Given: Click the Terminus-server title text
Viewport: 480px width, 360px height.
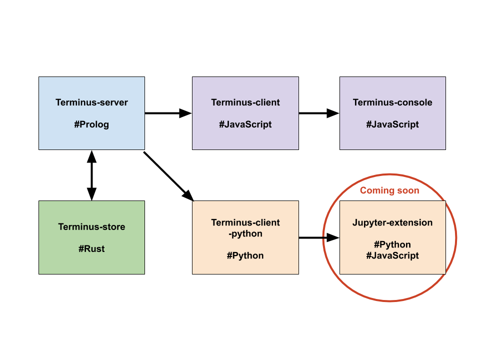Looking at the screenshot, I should [x=91, y=102].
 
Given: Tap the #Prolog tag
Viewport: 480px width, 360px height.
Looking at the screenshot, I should [x=91, y=124].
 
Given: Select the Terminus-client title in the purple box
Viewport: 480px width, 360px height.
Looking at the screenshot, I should [x=245, y=102].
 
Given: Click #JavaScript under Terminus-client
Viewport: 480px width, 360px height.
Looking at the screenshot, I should [x=245, y=124].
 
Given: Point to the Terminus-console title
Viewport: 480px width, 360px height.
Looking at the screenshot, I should [x=392, y=102].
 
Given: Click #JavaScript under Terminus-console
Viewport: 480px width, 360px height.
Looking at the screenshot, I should [x=392, y=124].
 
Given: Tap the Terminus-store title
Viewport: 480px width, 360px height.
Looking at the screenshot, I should [x=91, y=227].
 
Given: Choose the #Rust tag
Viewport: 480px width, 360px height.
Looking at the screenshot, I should [x=91, y=248].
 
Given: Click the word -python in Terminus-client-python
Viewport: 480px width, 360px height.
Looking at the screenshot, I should [x=245, y=233].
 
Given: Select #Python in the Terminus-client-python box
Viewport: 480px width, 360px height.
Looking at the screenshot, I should [x=245, y=255].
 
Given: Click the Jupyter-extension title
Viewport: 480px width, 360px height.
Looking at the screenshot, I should [x=392, y=222].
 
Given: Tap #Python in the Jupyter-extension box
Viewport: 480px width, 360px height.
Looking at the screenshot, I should [x=392, y=244].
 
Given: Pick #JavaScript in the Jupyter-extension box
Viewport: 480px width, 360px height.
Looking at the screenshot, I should [x=392, y=255].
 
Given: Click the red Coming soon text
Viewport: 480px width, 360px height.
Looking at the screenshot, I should [x=389, y=190].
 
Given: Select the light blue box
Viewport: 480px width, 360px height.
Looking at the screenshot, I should [x=91, y=140].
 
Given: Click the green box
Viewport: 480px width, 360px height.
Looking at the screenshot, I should [x=91, y=265].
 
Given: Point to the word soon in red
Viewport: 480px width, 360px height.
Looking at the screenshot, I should [x=407, y=190].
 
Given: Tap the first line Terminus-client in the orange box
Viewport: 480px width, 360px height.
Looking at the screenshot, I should [x=245, y=222].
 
